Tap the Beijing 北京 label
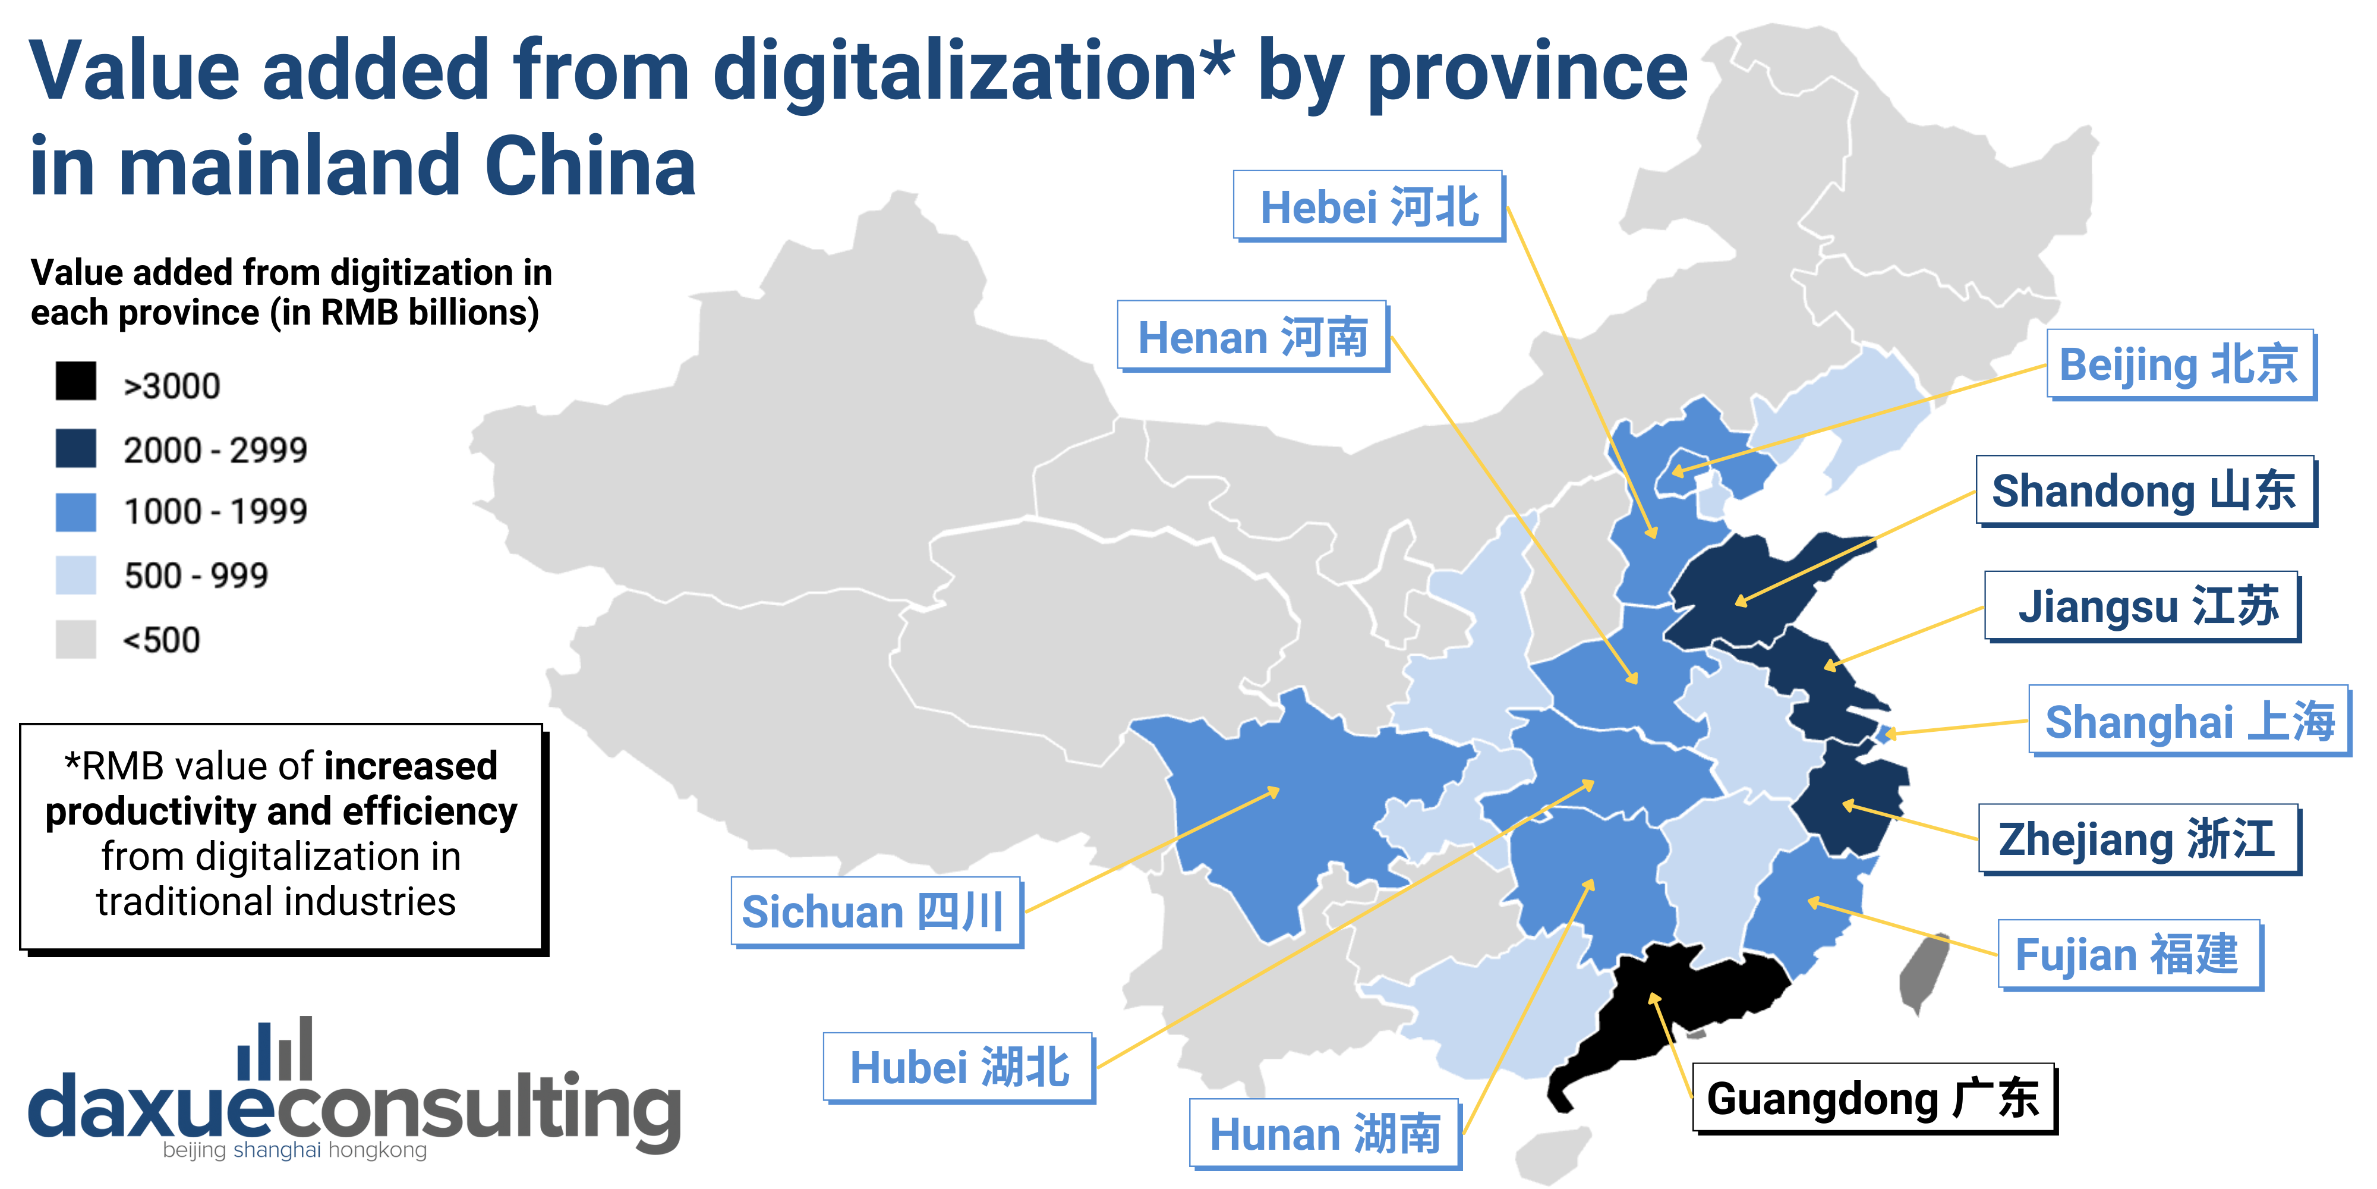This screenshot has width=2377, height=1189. (x=2180, y=364)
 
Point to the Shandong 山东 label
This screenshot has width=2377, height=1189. (x=2145, y=491)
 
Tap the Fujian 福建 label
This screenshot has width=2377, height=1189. (x=2128, y=955)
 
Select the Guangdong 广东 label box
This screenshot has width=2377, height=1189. (x=1873, y=1099)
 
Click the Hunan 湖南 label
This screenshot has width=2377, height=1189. (x=1324, y=1134)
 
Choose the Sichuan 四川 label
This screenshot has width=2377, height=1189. (x=875, y=912)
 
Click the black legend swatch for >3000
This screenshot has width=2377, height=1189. (x=75, y=381)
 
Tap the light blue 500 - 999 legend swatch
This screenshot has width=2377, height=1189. (x=75, y=575)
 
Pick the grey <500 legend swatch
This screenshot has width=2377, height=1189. (x=75, y=639)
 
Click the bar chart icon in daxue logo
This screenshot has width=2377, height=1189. (x=275, y=1050)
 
